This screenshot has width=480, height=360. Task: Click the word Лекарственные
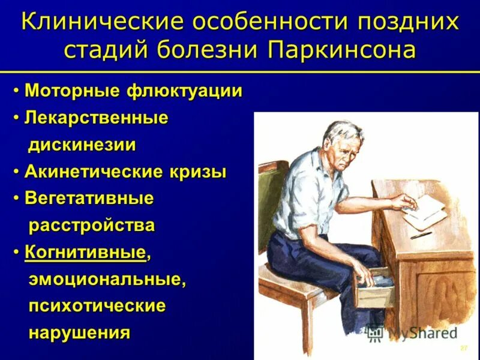point(96,118)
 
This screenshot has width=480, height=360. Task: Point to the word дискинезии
point(82,145)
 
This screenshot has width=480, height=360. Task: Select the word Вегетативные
point(89,199)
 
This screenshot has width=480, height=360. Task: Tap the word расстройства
point(92,226)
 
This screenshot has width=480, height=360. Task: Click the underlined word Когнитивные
point(85,253)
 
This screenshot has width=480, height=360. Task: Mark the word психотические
point(97,306)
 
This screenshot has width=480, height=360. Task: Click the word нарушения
point(79,332)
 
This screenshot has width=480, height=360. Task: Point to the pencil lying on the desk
point(422,236)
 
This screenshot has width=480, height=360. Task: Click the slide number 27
point(463,349)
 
